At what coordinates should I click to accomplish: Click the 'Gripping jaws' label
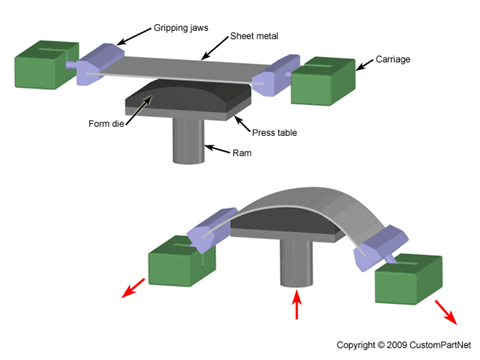point(181,28)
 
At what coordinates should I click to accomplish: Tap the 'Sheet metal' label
point(254,36)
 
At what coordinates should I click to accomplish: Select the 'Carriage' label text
point(393,59)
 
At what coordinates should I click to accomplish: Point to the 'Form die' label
point(106,124)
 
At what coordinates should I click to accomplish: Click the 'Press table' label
point(274,133)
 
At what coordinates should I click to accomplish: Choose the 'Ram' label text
point(242,153)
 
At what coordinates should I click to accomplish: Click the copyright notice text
point(404,345)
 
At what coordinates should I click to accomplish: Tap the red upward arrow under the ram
point(296,304)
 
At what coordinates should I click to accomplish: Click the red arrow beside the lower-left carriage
point(133,288)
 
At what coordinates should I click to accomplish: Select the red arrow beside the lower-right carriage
point(445,312)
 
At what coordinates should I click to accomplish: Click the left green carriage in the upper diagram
point(46,65)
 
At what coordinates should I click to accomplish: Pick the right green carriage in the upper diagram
point(323,82)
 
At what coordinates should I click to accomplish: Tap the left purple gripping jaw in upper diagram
point(100,64)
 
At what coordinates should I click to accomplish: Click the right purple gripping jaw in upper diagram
point(276,76)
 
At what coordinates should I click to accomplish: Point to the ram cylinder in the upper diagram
point(188,141)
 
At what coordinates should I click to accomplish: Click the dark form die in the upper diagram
point(187,95)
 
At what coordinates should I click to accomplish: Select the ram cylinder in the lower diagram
point(296,263)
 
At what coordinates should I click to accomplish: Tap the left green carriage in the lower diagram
point(182,261)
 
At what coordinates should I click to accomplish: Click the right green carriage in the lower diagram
point(409,279)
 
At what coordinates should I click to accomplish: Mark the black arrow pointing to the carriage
point(365,65)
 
